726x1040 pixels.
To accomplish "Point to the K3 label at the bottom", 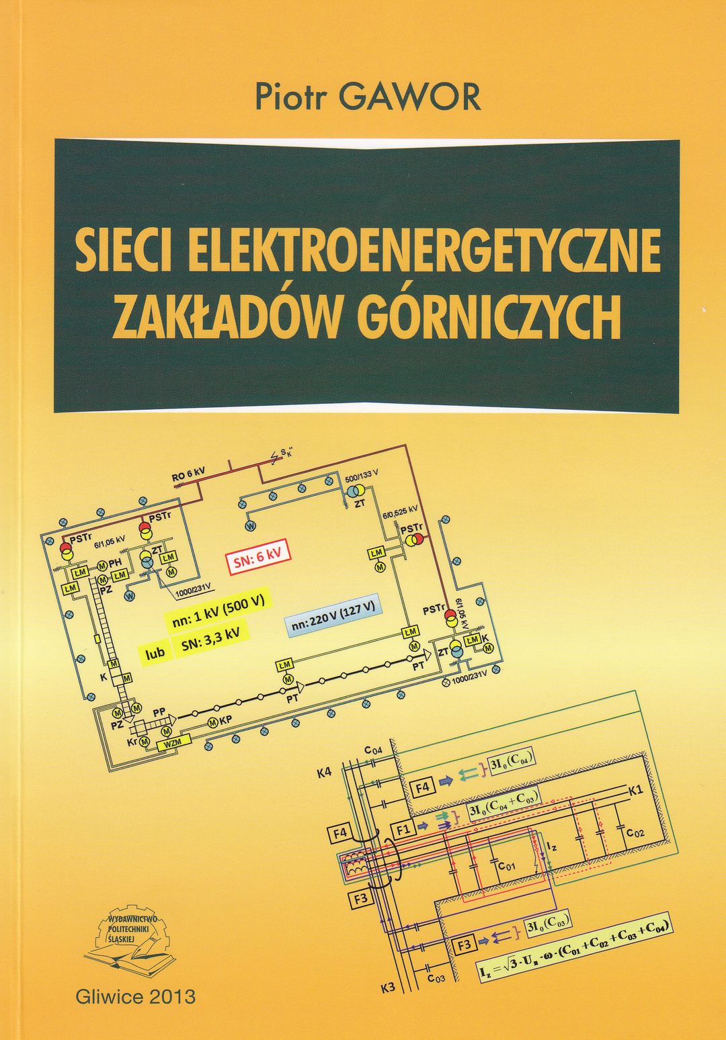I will pos(389,988).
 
